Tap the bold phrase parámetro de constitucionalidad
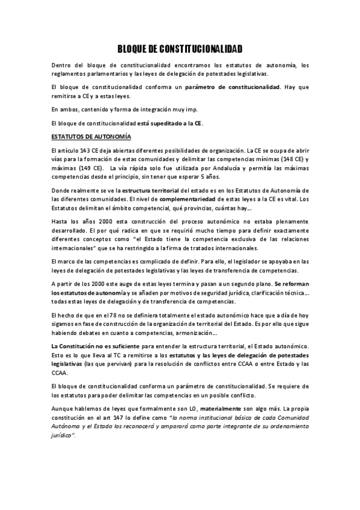click(233, 87)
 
